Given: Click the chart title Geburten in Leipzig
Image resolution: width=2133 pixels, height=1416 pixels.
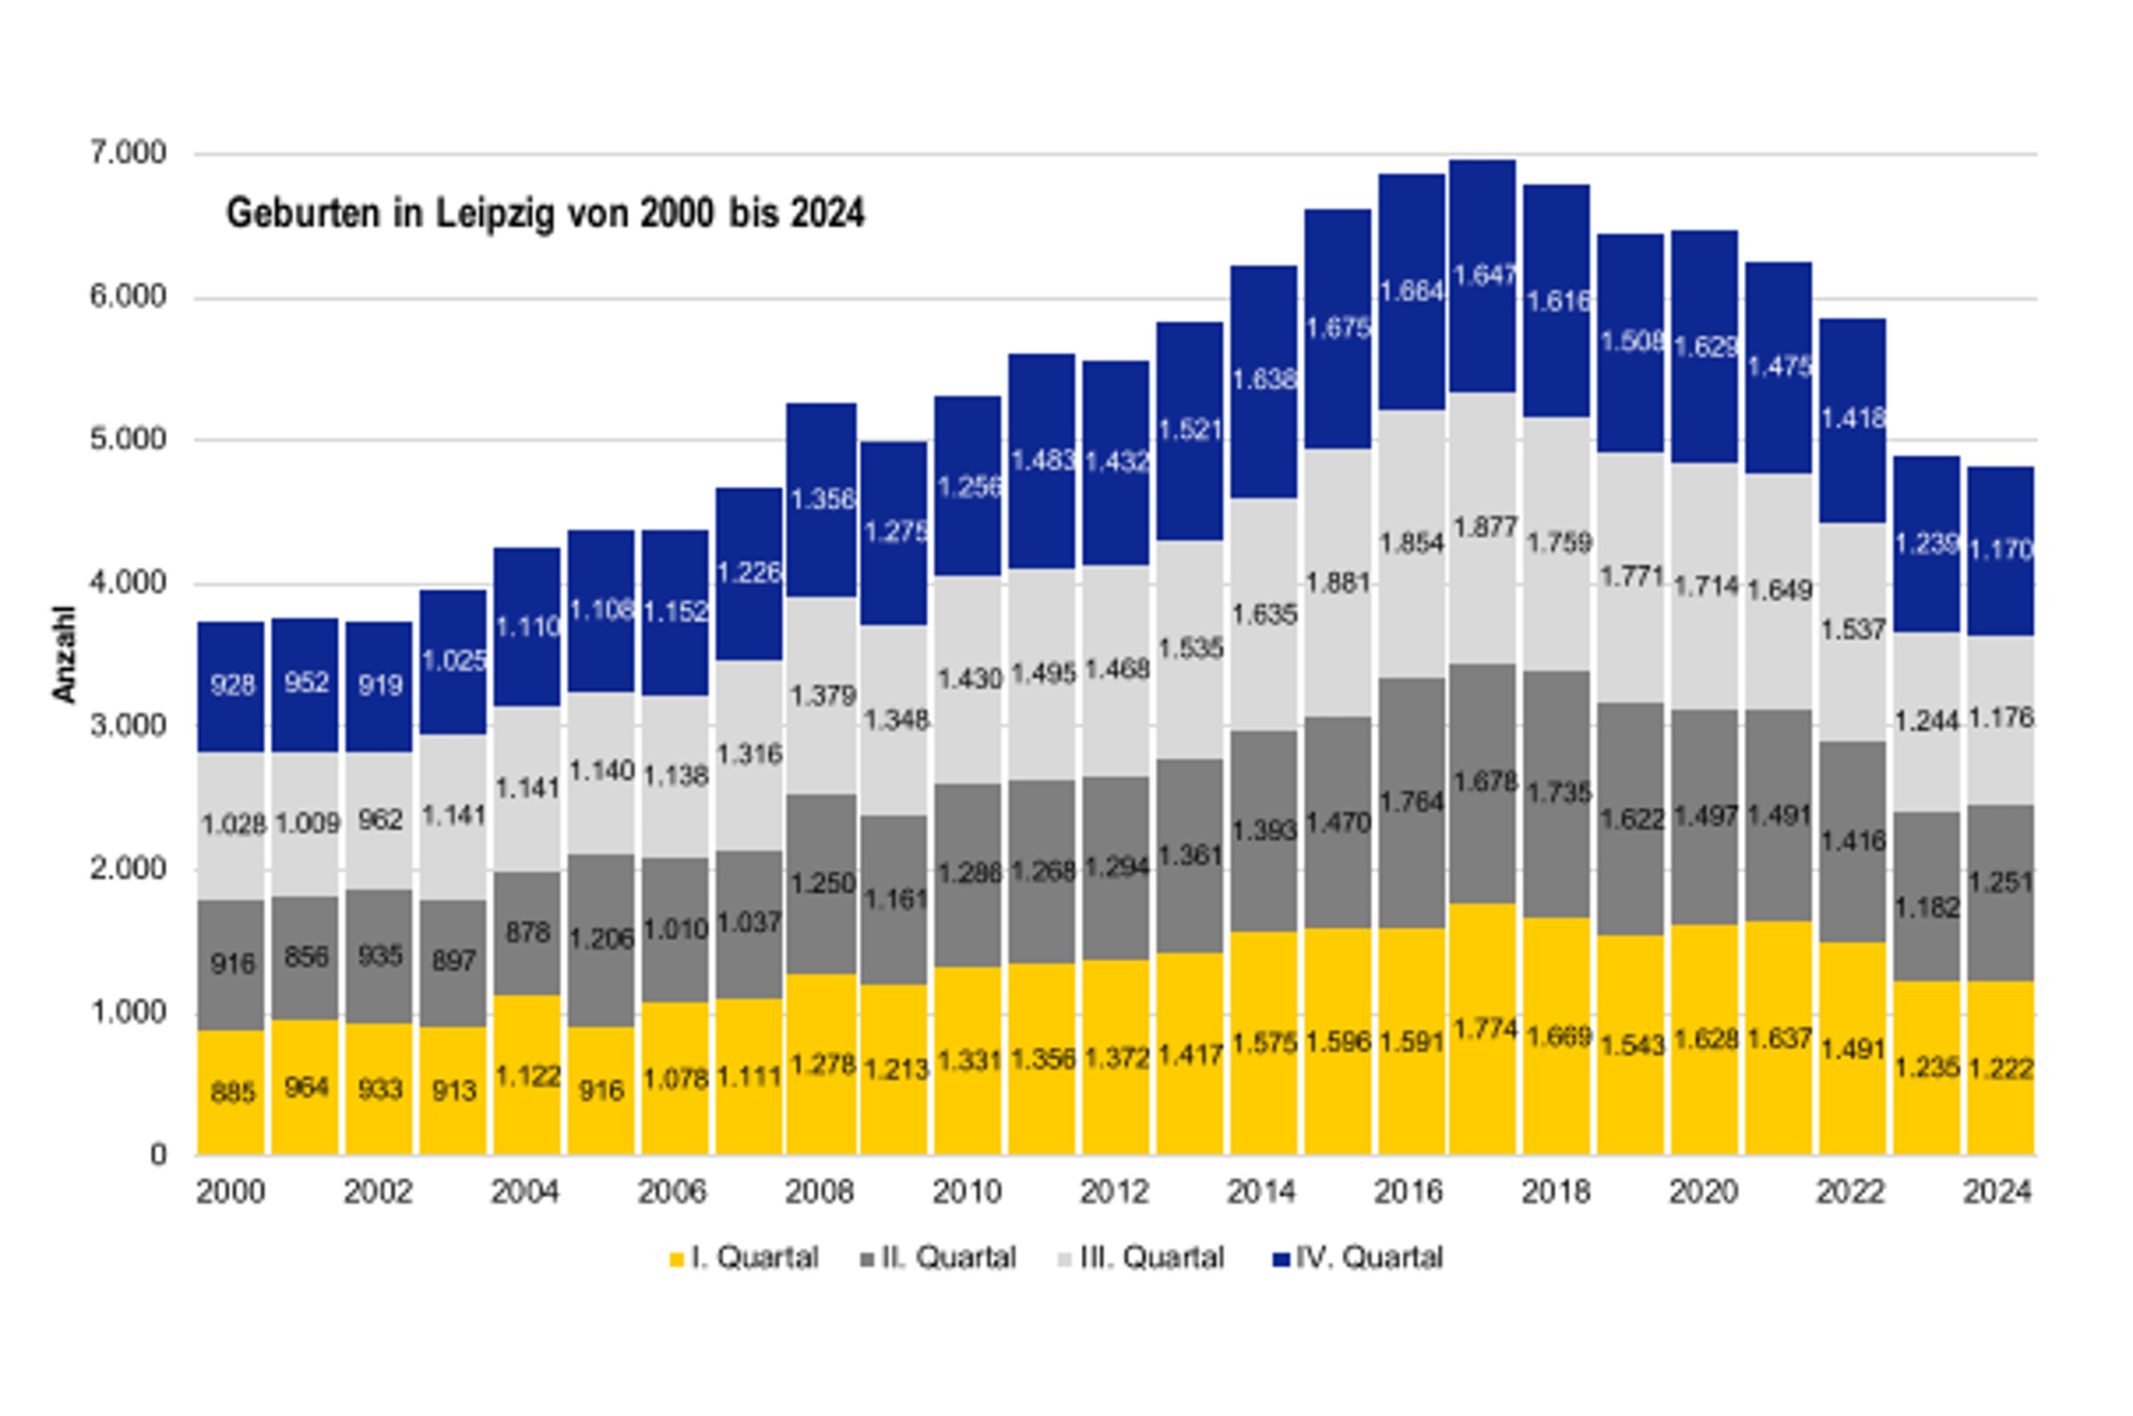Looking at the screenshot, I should pyautogui.click(x=545, y=213).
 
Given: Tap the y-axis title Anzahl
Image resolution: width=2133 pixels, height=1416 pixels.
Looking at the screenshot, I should pyautogui.click(x=64, y=654).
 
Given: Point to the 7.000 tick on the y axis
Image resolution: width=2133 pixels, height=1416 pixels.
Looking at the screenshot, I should pyautogui.click(x=127, y=153).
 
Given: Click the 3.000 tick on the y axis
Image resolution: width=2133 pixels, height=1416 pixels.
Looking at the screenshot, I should pyautogui.click(x=127, y=726).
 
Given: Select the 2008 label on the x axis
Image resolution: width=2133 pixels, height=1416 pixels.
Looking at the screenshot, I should pyautogui.click(x=820, y=1192).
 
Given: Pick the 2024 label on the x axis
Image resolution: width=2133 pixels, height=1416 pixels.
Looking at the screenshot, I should pyautogui.click(x=1998, y=1192).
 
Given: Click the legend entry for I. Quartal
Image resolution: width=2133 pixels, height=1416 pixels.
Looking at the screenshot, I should pyautogui.click(x=743, y=1258).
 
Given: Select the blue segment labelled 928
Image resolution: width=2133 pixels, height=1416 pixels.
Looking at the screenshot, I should pyautogui.click(x=231, y=686).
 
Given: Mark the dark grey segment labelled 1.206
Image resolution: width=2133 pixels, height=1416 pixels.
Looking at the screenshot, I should pyautogui.click(x=601, y=940).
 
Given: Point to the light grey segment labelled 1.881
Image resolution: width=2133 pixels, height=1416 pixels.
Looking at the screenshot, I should pyautogui.click(x=1338, y=582).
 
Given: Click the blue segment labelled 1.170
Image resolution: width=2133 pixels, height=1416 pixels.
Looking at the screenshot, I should pyautogui.click(x=2001, y=550).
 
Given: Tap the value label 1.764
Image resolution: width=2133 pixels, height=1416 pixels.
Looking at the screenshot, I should pyautogui.click(x=1412, y=802).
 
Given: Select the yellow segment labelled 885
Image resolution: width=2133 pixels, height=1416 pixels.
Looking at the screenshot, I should pyautogui.click(x=231, y=1092).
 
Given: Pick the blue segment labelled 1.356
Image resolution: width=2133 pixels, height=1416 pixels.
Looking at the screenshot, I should pyautogui.click(x=821, y=499).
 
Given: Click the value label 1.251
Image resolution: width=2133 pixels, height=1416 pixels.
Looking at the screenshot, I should pyautogui.click(x=2001, y=883).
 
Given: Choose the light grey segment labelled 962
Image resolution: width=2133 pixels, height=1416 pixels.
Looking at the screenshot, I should pyautogui.click(x=380, y=819).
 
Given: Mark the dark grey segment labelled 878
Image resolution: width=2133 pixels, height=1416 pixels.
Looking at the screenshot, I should pyautogui.click(x=527, y=933).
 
